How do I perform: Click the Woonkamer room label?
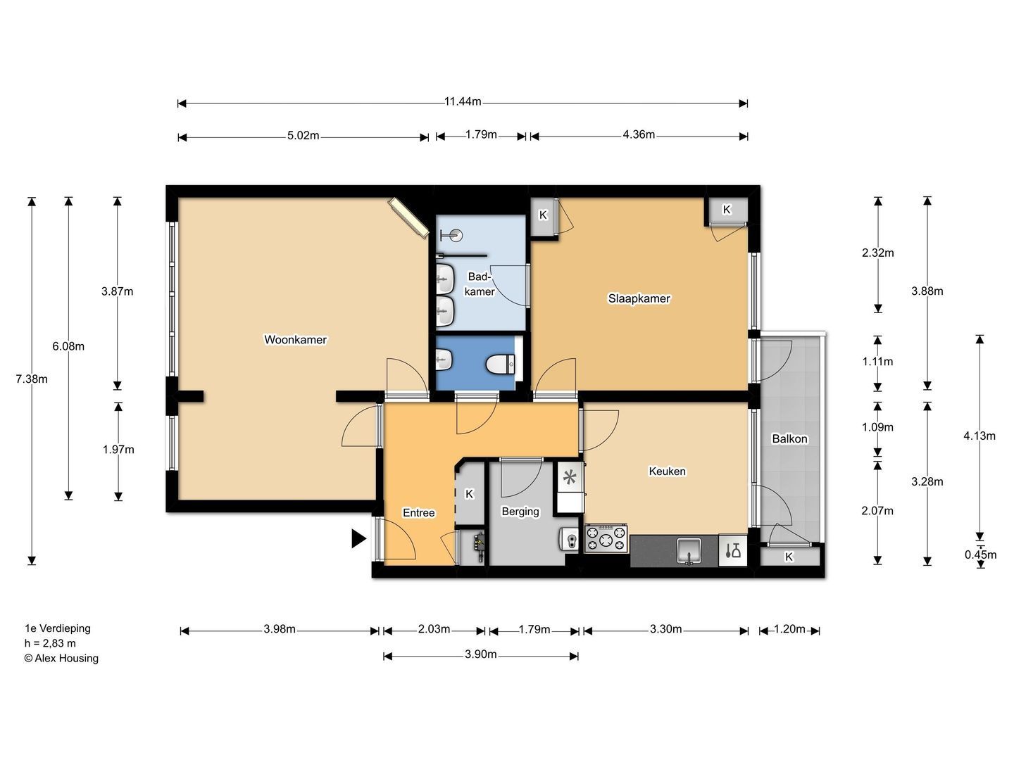(x=295, y=340)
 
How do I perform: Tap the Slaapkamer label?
(x=639, y=298)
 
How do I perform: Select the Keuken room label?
(x=667, y=471)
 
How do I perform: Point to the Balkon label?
(x=789, y=438)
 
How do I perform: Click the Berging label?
(x=520, y=512)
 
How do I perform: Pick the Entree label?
(x=418, y=513)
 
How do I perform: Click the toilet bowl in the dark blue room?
(x=500, y=364)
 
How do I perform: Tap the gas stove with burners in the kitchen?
(x=606, y=538)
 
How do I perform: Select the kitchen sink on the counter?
(x=689, y=550)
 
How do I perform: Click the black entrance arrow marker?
(x=358, y=538)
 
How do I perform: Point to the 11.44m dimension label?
(x=463, y=101)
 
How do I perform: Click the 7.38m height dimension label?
(x=32, y=379)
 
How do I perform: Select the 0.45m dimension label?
(x=980, y=555)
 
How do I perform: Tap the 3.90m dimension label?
(x=480, y=654)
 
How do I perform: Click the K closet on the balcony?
(x=789, y=557)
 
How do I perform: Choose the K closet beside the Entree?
(x=470, y=494)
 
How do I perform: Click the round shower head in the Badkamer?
(x=457, y=235)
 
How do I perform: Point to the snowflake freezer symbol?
(x=570, y=476)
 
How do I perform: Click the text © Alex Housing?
(x=61, y=658)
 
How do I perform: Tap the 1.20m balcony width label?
(x=789, y=629)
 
